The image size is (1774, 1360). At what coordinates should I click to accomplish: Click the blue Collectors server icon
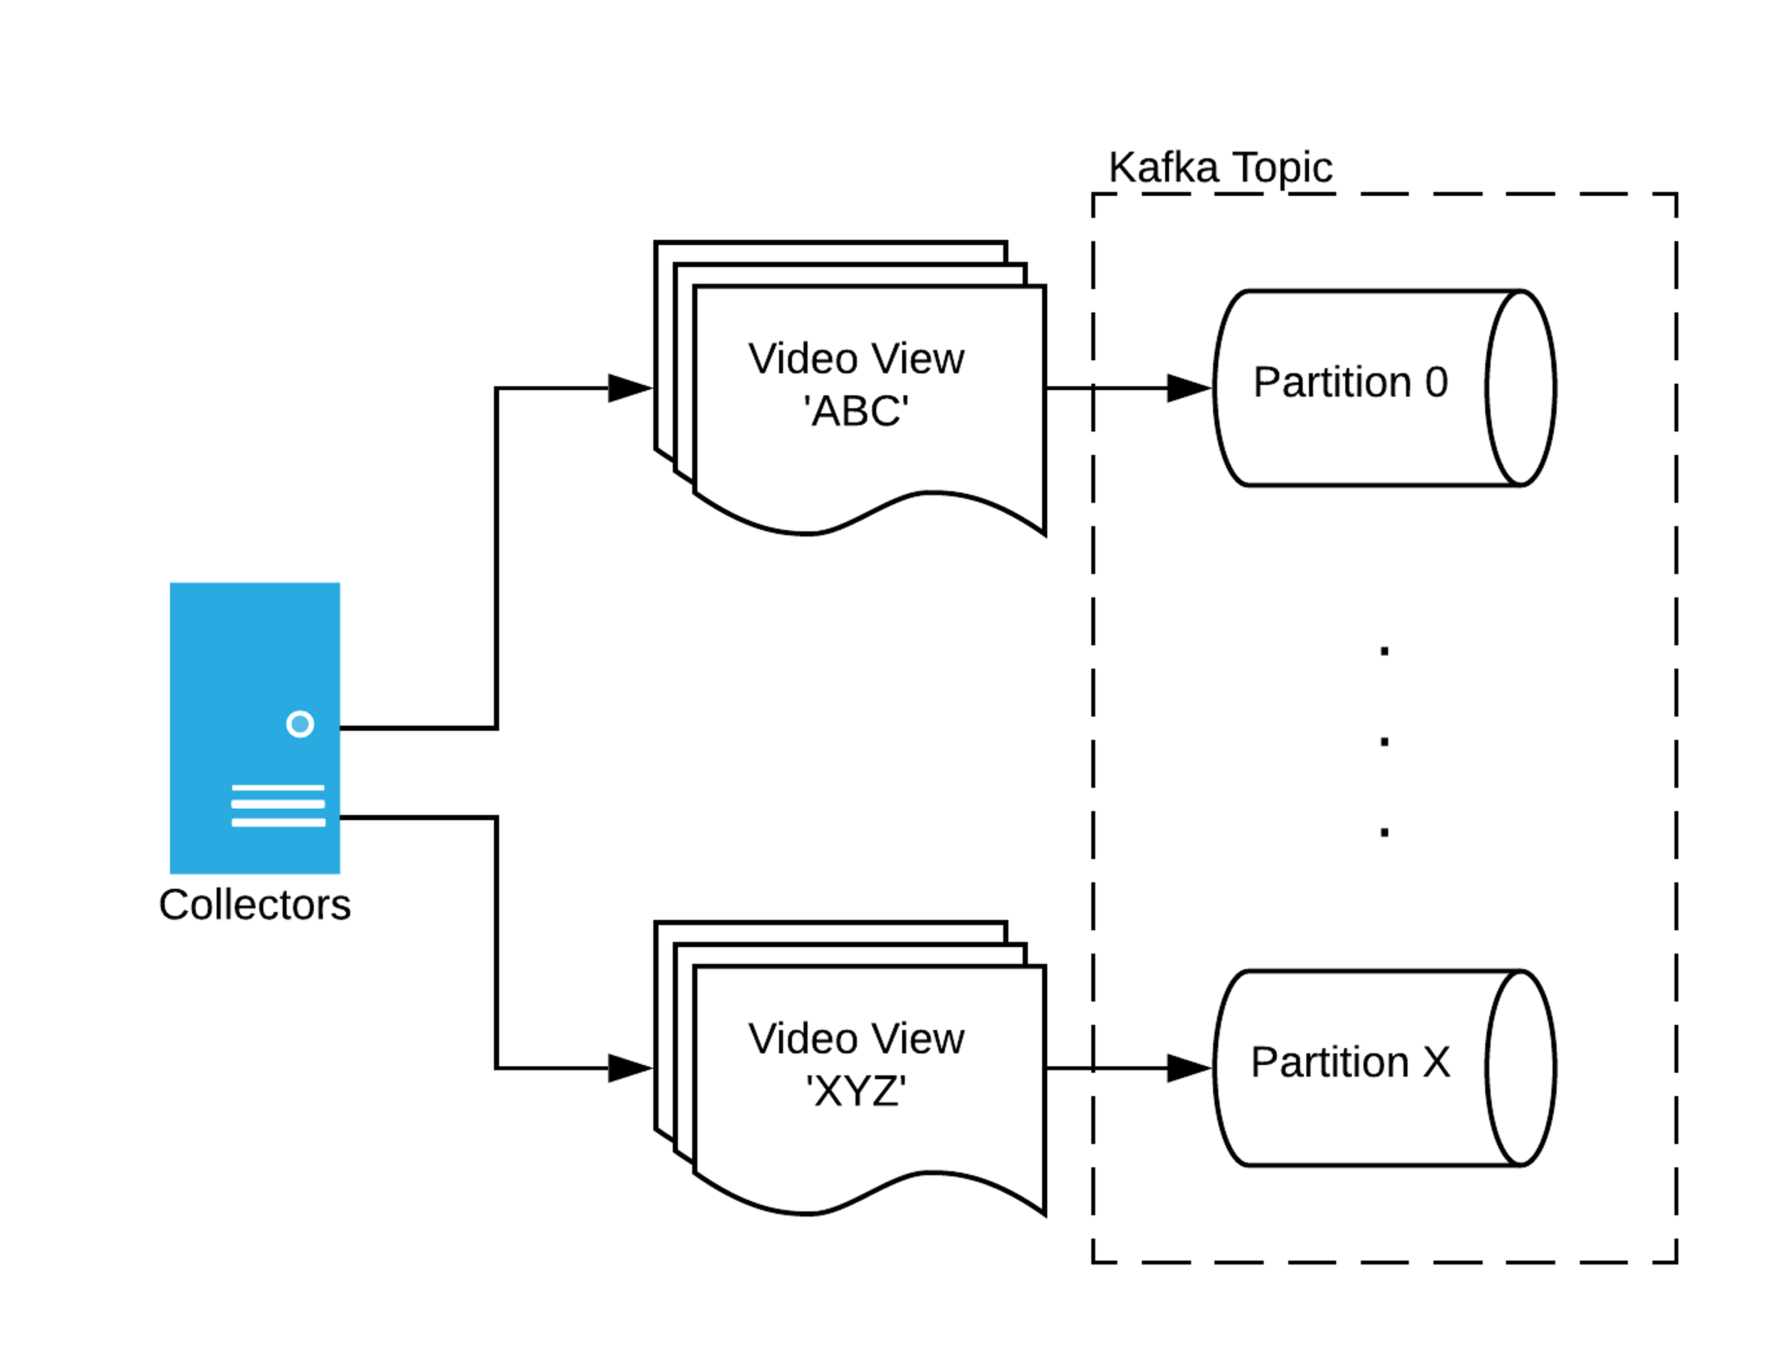(254, 728)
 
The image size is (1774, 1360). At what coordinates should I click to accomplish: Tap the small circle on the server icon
(299, 724)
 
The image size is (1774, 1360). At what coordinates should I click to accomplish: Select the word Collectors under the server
(254, 904)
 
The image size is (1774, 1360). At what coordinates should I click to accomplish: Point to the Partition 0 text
(1350, 382)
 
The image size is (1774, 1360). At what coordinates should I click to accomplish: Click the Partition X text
(1350, 1062)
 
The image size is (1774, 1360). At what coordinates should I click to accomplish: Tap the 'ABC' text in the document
(856, 411)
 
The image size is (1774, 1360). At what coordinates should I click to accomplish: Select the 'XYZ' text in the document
(856, 1091)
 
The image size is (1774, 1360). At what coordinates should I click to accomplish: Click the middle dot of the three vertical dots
(1385, 742)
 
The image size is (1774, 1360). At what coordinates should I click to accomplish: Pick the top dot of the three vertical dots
(1385, 651)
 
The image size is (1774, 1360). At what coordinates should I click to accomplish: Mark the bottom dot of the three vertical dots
(1385, 832)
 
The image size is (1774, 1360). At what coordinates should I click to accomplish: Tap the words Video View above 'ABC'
(856, 359)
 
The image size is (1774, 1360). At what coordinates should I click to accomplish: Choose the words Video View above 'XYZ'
(856, 1039)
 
